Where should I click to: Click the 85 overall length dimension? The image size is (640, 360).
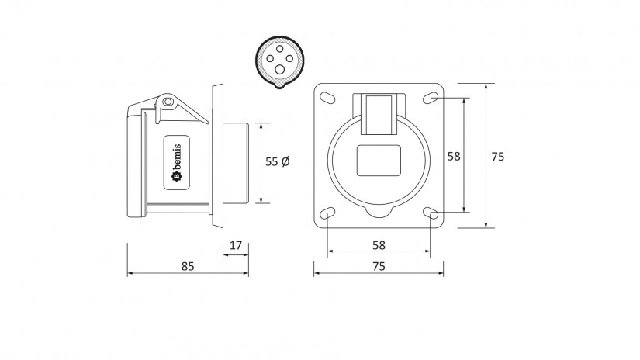[x=188, y=266]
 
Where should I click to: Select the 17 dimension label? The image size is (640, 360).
[x=236, y=245]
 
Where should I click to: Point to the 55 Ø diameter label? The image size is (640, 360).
[x=278, y=161]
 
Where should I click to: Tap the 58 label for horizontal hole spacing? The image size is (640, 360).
[x=379, y=245]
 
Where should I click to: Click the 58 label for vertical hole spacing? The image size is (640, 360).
[x=454, y=156]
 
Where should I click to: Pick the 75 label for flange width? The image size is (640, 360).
[x=379, y=266]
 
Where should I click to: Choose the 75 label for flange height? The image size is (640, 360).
[x=497, y=157]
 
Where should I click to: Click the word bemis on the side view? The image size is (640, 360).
[x=177, y=158]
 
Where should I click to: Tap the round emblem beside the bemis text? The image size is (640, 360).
[x=177, y=176]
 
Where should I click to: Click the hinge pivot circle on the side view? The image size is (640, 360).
[x=167, y=101]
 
